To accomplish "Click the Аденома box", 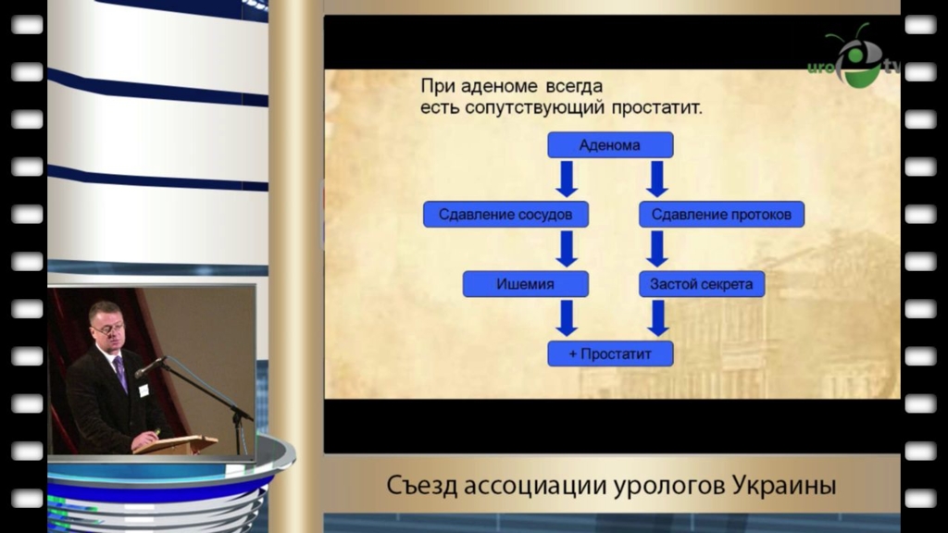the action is pos(610,145).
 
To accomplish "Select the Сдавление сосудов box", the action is pos(505,215).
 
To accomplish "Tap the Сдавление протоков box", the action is pos(721,215).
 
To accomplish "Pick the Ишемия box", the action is pos(526,284).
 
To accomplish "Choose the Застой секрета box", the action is pos(702,284).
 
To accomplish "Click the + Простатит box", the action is pos(610,353).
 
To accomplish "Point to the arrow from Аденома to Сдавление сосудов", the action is pos(567,179).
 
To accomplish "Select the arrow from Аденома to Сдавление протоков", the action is pos(657,179).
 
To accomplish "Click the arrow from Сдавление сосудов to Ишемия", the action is pos(567,248).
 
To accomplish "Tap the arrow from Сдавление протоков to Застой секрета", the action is pos(657,248).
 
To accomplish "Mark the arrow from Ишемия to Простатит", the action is pos(567,318).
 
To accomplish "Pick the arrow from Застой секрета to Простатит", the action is pos(657,318).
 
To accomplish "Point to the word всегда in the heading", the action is pos(574,86).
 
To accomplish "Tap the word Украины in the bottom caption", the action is pos(784,485).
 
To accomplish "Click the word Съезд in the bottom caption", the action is pos(422,485).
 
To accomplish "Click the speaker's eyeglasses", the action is pos(108,329).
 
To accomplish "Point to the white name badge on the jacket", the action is pos(143,390).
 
